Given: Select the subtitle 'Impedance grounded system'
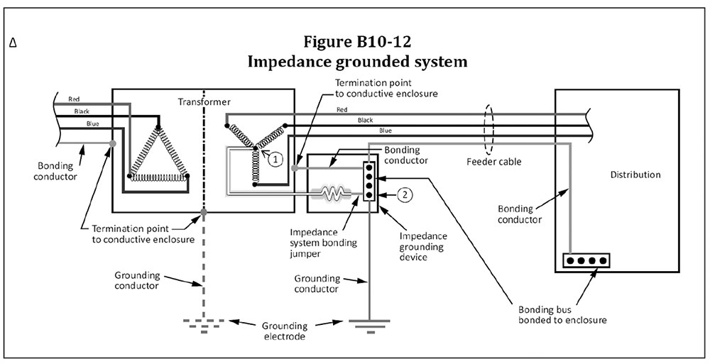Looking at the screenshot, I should click(356, 61).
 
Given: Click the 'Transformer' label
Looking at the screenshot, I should click(204, 102).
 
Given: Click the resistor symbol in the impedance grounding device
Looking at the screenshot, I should click(334, 193).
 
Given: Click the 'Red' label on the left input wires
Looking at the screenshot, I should click(74, 99).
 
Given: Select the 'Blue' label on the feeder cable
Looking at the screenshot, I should click(385, 131).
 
